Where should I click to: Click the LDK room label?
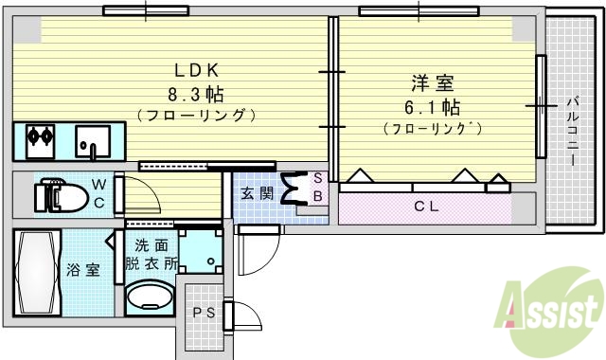coord(196,69)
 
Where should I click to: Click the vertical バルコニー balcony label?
coord(572,131)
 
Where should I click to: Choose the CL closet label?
coord(425,207)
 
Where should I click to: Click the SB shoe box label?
coord(318,188)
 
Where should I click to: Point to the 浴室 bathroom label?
coord(83,270)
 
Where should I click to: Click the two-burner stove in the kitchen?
coord(39,135)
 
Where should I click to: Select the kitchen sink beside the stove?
coord(93,143)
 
